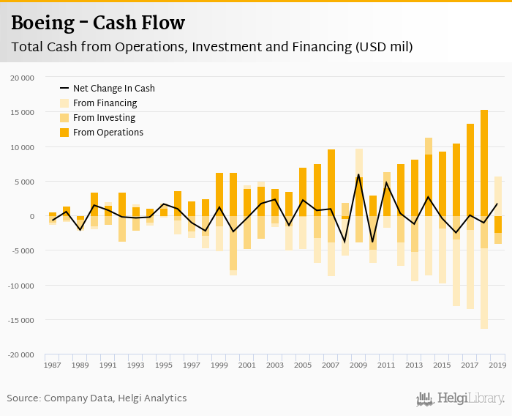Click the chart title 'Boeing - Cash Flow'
tap(97, 23)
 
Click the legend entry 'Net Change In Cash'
tap(113, 89)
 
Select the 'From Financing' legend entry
tap(105, 103)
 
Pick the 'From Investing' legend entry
tap(104, 118)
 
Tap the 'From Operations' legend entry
tap(108, 133)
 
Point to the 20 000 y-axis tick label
tap(22, 78)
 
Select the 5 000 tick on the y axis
tap(24, 182)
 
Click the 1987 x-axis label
tap(52, 365)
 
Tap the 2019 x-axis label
tap(497, 365)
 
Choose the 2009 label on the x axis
tap(358, 365)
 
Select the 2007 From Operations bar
tap(331, 182)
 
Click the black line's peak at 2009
tap(359, 175)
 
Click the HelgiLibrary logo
tap(461, 398)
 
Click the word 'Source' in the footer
tap(23, 398)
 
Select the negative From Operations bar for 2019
tap(498, 224)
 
